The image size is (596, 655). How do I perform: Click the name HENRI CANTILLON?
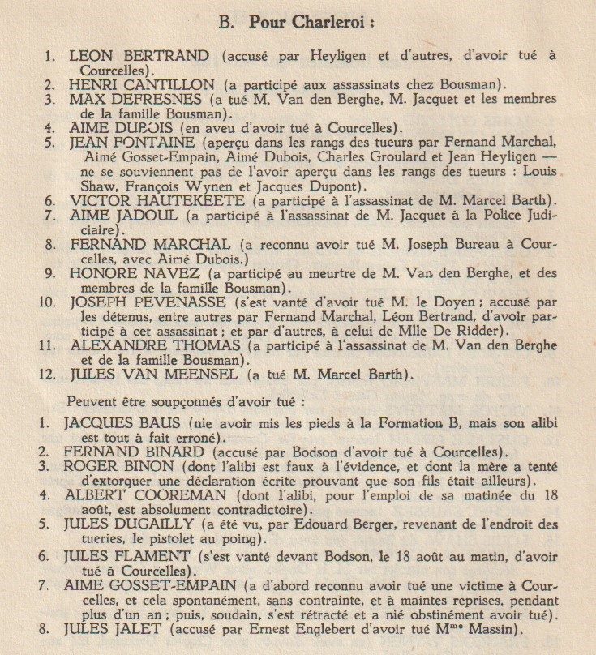(x=141, y=83)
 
